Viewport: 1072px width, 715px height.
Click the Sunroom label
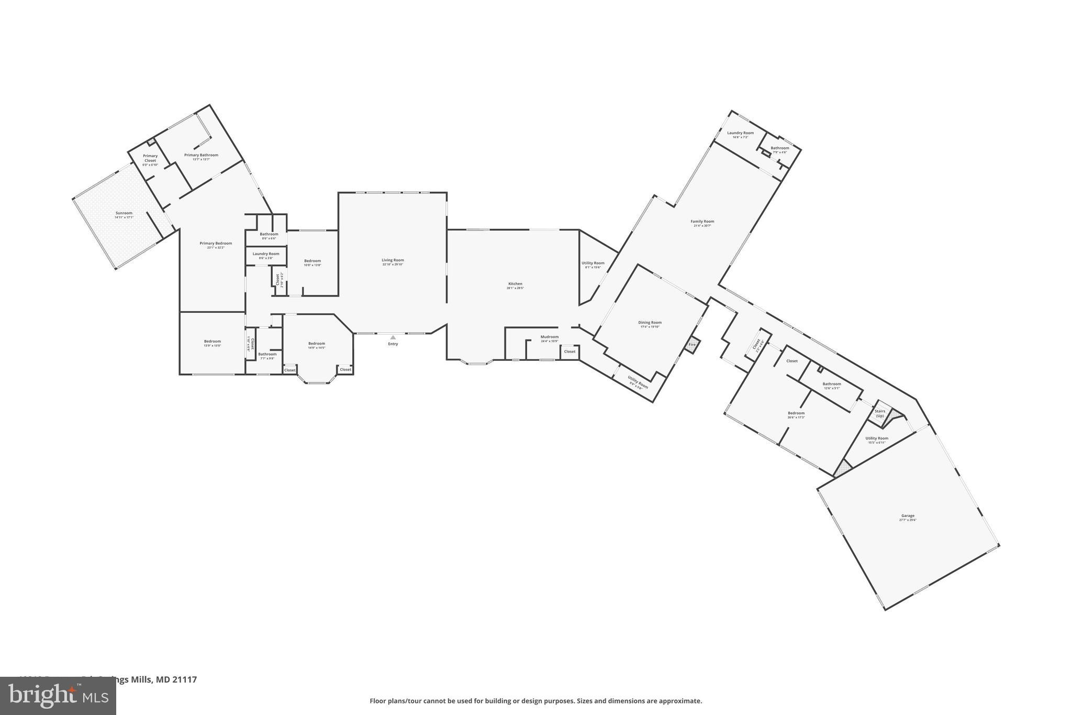pyautogui.click(x=124, y=213)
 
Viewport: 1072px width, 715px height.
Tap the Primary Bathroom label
pyautogui.click(x=201, y=155)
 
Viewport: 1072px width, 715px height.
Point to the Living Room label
pyautogui.click(x=393, y=260)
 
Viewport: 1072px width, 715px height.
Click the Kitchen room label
pyautogui.click(x=515, y=284)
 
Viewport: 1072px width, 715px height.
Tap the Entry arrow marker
pyautogui.click(x=393, y=338)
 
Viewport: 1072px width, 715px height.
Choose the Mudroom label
pyautogui.click(x=550, y=337)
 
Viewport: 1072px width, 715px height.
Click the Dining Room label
pyautogui.click(x=650, y=323)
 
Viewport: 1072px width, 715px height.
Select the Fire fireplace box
pyautogui.click(x=692, y=345)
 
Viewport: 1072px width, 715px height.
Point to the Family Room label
pyautogui.click(x=702, y=222)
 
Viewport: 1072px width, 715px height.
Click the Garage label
pyautogui.click(x=908, y=516)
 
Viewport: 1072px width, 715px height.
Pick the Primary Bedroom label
pyautogui.click(x=216, y=244)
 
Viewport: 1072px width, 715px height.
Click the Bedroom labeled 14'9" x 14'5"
pyautogui.click(x=317, y=344)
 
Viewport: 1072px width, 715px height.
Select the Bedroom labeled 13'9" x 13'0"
pyautogui.click(x=213, y=342)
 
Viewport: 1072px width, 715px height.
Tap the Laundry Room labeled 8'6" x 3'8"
pyautogui.click(x=266, y=254)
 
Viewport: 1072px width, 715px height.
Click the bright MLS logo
pyautogui.click(x=58, y=696)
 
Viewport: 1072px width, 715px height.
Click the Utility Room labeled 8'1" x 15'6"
pyautogui.click(x=593, y=263)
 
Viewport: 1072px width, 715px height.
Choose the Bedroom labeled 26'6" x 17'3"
pyautogui.click(x=796, y=413)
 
